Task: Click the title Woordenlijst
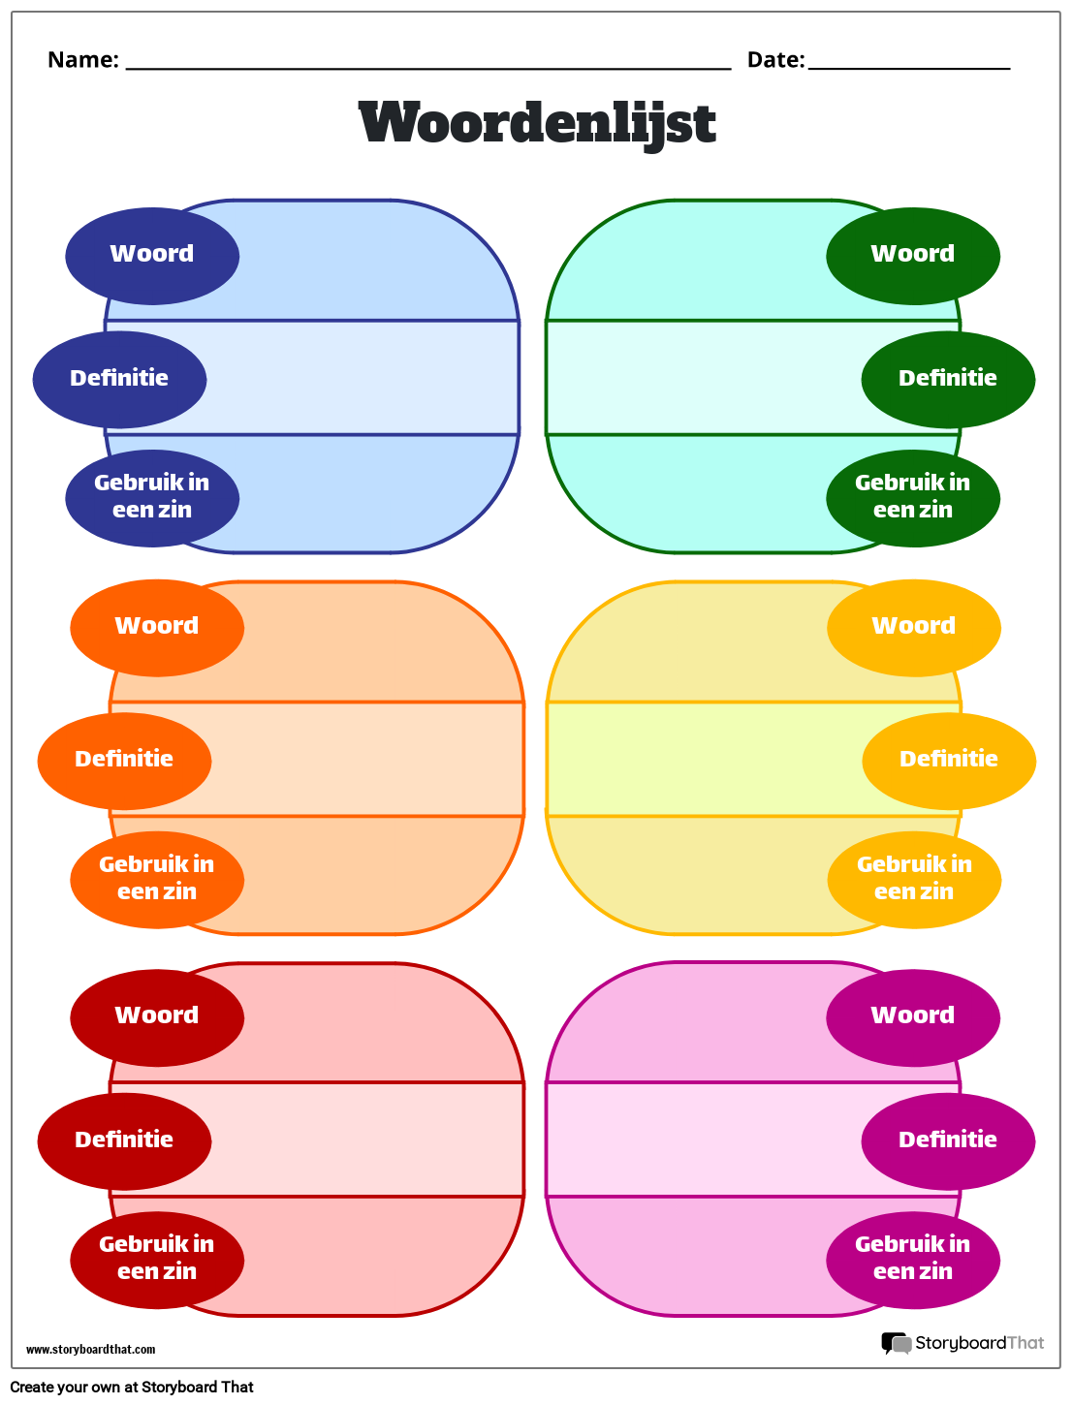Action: coord(537,123)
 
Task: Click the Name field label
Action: coord(83,59)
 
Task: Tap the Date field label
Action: coord(775,59)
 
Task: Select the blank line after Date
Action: coord(908,67)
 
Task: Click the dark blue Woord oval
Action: coord(152,256)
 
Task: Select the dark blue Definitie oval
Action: coord(120,380)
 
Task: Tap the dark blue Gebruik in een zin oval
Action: coord(152,498)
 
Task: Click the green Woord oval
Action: coord(913,256)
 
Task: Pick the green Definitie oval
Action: coord(948,380)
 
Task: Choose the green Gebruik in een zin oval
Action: coord(913,498)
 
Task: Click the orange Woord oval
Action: coord(157,627)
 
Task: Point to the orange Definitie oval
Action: coord(124,761)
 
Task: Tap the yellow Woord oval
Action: coord(914,627)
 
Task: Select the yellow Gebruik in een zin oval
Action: coord(914,880)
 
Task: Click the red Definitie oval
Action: coord(124,1141)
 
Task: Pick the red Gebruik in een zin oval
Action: coord(157,1260)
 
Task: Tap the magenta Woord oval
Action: coord(913,1017)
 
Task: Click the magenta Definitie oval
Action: coord(948,1141)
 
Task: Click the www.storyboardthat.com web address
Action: coord(90,1350)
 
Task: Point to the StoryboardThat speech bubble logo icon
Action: coord(897,1343)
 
